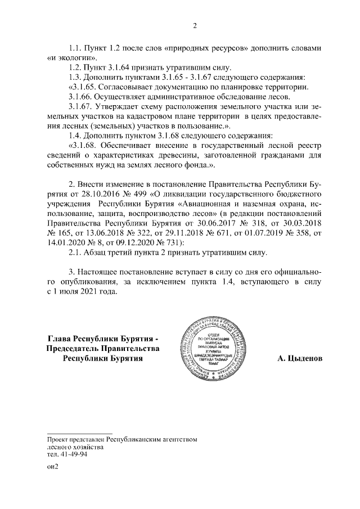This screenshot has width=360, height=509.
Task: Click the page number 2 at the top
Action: [195, 25]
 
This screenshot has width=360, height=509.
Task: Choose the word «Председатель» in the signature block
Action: [77, 348]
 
